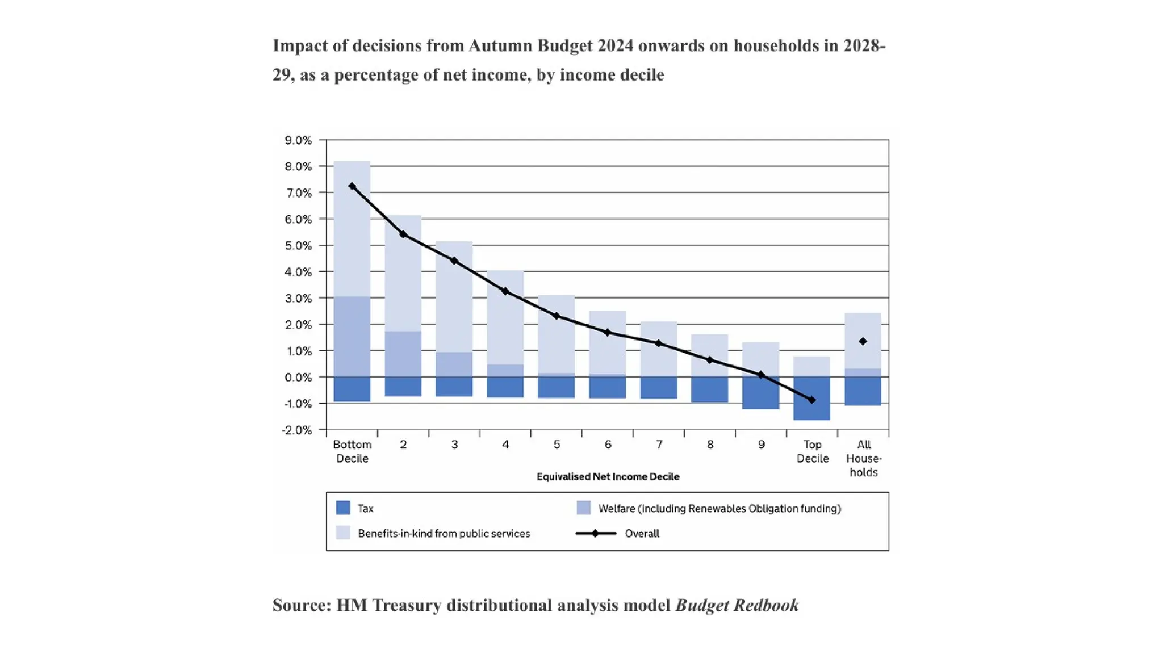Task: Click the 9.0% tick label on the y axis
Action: click(x=298, y=140)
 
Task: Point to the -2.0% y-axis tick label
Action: click(x=297, y=430)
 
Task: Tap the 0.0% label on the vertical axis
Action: click(x=298, y=378)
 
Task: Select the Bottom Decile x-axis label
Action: click(x=352, y=451)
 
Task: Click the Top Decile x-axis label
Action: click(x=812, y=451)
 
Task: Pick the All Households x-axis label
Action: click(x=864, y=458)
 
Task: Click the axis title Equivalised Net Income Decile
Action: click(x=608, y=477)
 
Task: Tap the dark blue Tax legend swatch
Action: click(x=343, y=508)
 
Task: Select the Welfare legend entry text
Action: click(x=719, y=509)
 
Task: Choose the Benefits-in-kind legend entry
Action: click(x=444, y=534)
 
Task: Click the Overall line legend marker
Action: click(x=595, y=534)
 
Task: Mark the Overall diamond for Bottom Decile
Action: click(x=352, y=186)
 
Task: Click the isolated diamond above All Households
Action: click(x=863, y=341)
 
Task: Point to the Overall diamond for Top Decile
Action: click(x=812, y=400)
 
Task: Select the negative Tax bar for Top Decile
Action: click(x=812, y=410)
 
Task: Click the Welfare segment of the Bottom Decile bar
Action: click(x=352, y=337)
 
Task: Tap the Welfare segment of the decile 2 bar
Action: click(x=403, y=354)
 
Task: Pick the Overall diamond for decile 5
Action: click(x=557, y=316)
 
